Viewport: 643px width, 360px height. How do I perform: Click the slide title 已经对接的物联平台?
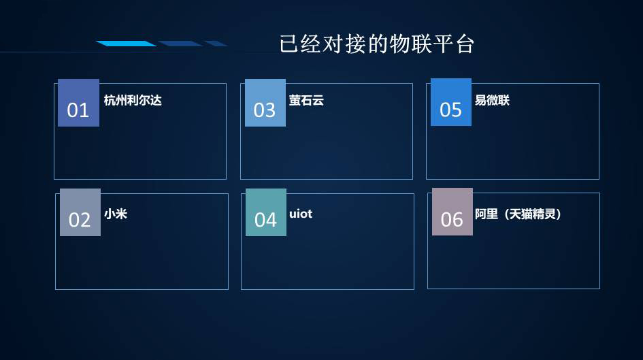click(377, 44)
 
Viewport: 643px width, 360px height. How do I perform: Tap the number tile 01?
click(78, 103)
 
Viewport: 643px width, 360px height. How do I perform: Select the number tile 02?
click(80, 212)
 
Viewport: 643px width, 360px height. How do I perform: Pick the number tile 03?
click(265, 103)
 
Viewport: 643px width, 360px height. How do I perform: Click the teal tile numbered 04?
click(266, 212)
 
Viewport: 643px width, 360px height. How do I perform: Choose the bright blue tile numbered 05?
click(451, 102)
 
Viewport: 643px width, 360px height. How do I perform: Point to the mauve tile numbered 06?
click(452, 212)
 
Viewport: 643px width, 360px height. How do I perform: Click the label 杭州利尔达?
click(133, 101)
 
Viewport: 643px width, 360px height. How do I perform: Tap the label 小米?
click(116, 214)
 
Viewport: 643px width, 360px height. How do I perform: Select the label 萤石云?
click(306, 101)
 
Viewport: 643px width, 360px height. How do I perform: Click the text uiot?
click(301, 214)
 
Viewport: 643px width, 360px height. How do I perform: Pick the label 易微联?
click(492, 101)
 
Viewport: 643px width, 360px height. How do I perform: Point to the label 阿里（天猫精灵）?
click(518, 214)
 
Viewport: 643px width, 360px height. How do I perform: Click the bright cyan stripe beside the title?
click(126, 44)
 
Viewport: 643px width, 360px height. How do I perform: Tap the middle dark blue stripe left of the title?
click(180, 44)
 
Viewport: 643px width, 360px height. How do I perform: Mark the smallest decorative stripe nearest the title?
click(216, 44)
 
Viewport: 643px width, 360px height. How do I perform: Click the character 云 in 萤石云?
click(318, 101)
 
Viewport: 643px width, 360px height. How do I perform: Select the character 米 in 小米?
click(121, 214)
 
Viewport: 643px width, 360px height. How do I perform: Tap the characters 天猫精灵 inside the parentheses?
click(532, 214)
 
